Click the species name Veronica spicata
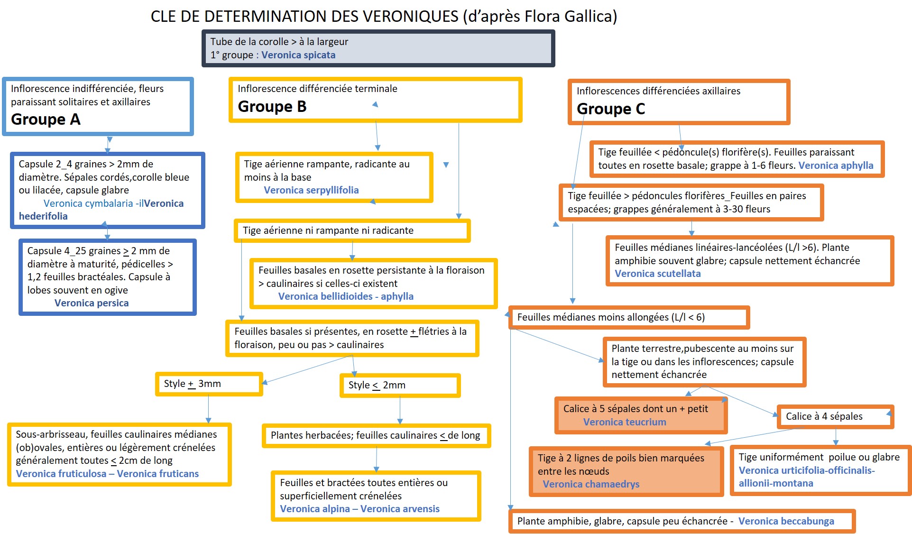coord(298,55)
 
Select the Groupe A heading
coord(46,120)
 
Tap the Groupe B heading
coord(272,107)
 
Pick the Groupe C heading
coord(610,109)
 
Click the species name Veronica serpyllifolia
coord(311,190)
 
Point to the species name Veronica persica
coord(92,303)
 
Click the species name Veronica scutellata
coord(657,274)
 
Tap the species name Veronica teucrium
coord(625,422)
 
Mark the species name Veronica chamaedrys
coord(591,484)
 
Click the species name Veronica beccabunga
coord(786,521)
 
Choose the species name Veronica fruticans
coord(158,474)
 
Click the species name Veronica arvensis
coord(400,509)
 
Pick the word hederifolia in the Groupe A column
coord(43,216)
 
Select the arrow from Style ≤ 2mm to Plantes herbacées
coord(400,410)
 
